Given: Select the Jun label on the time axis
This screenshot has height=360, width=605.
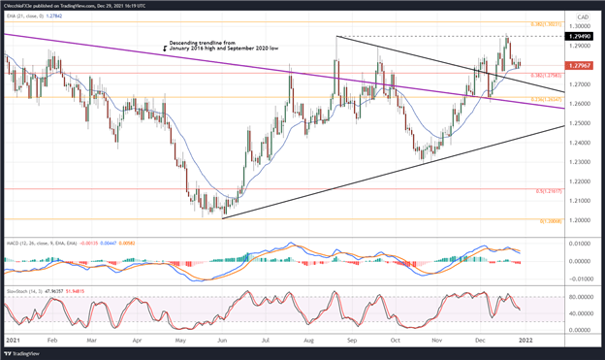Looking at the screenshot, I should (x=224, y=342).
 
